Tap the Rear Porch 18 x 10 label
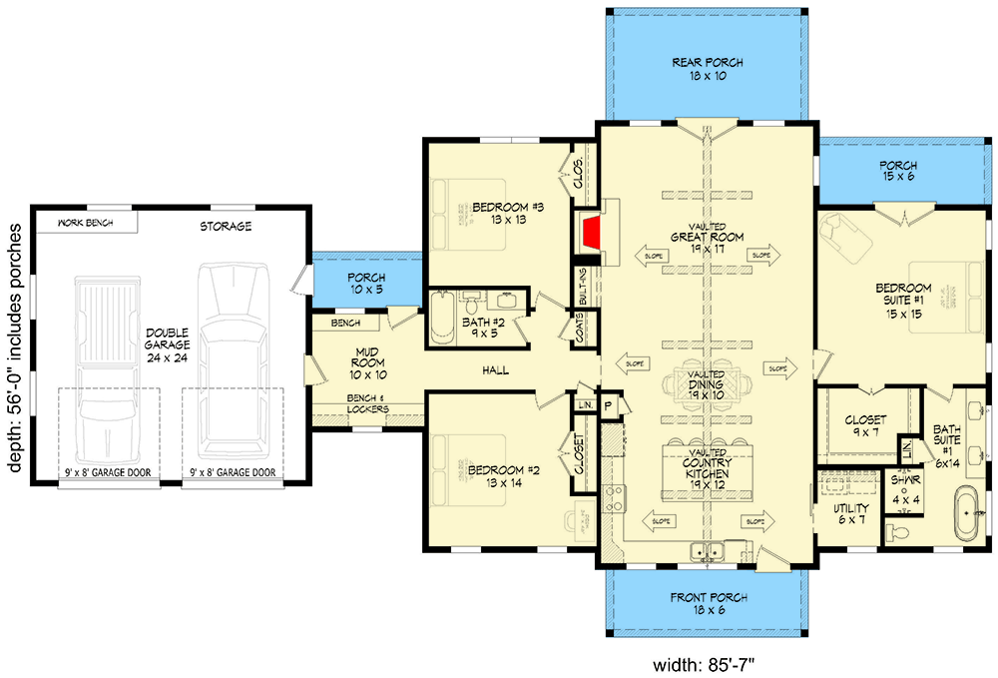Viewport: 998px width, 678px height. tap(708, 69)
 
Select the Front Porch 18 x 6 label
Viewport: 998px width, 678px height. tap(708, 604)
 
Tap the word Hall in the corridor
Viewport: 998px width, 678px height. tap(495, 370)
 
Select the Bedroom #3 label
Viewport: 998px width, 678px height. tap(494, 214)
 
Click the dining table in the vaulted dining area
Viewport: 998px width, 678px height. tap(708, 384)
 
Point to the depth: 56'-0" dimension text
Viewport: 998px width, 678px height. tap(14, 345)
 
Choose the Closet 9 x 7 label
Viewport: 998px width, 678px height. tap(865, 427)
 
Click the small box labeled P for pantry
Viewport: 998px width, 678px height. tap(606, 405)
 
